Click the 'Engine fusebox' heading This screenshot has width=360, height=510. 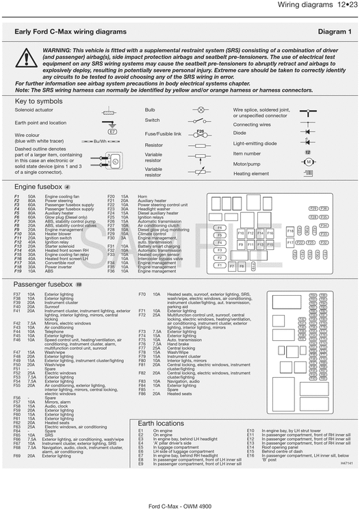[x=38, y=186]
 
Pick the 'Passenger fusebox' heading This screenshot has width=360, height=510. [x=43, y=283]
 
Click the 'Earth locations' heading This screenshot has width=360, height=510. [x=161, y=423]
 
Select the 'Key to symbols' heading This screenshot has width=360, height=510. [x=38, y=101]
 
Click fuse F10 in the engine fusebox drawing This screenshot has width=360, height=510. [x=241, y=233]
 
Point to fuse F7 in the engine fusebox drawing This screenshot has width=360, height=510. [x=233, y=266]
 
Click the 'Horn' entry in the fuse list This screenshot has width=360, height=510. [x=142, y=196]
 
